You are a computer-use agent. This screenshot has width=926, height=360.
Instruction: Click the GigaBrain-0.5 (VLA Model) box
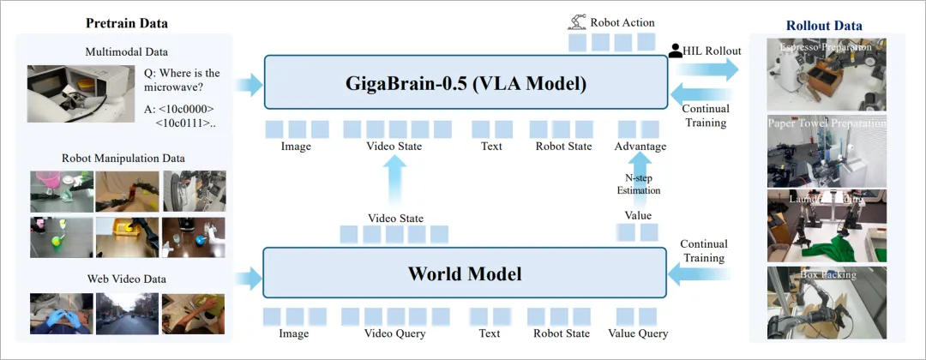[466, 83]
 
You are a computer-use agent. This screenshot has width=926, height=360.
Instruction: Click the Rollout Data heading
[824, 26]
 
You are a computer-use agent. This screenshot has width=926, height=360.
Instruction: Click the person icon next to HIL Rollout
[676, 51]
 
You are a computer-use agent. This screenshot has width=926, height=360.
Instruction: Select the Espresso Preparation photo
[825, 74]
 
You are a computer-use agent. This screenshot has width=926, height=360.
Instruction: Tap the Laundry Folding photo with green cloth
[825, 225]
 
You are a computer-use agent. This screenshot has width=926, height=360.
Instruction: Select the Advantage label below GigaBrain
[640, 147]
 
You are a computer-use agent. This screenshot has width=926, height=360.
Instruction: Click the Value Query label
[638, 333]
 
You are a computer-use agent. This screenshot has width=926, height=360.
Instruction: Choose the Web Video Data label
[127, 279]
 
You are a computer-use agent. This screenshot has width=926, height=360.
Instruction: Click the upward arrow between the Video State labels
[394, 182]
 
